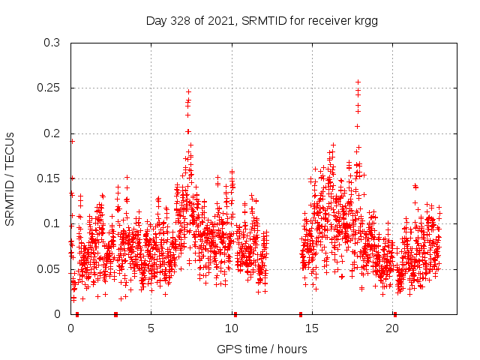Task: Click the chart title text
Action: [x=261, y=21]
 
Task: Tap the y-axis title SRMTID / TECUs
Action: [x=10, y=178]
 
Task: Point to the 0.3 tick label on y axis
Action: [x=52, y=43]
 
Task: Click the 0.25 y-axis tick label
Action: [x=49, y=88]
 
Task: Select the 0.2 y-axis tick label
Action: [x=52, y=133]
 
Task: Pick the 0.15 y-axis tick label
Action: [x=49, y=178]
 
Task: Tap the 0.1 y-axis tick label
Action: [x=52, y=223]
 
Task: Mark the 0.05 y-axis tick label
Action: [x=49, y=268]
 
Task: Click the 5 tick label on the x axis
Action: [x=151, y=328]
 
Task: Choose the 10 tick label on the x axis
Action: [x=231, y=328]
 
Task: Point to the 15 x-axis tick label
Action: [x=311, y=328]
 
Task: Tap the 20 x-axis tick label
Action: [x=391, y=328]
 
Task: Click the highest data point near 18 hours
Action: [x=358, y=82]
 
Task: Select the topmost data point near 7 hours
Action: [x=188, y=91]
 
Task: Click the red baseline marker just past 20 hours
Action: [x=395, y=314]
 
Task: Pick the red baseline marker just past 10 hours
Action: [x=235, y=314]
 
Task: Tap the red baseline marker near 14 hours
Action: [x=301, y=314]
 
